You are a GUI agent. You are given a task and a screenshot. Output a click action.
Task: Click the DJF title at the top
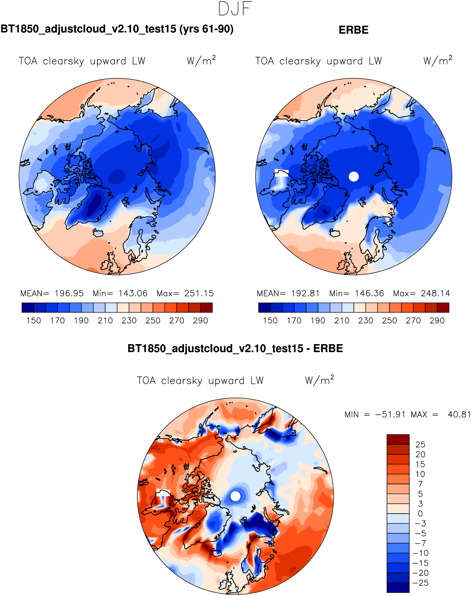[235, 9]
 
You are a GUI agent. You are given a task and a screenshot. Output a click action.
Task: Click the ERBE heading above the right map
[353, 30]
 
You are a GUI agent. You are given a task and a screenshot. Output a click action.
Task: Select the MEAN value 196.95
[69, 293]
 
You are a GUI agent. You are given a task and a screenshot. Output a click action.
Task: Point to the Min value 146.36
[369, 293]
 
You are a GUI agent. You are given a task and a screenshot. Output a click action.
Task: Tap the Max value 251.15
[199, 293]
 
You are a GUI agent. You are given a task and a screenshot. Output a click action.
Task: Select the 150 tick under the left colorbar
[34, 320]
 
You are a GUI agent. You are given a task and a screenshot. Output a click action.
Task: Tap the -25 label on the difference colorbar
[420, 583]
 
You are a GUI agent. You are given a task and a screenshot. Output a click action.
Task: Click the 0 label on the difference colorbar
[420, 514]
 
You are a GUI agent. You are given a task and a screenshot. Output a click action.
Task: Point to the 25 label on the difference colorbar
[420, 444]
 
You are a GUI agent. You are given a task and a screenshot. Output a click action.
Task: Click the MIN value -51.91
[390, 414]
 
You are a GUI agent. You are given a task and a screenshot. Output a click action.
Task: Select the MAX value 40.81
[459, 414]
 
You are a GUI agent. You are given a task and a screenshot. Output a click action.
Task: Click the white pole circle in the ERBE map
[354, 176]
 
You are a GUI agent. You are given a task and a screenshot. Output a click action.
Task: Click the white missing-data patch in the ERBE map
[281, 173]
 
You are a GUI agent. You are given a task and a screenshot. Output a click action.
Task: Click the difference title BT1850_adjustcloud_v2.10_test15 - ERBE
[235, 349]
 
